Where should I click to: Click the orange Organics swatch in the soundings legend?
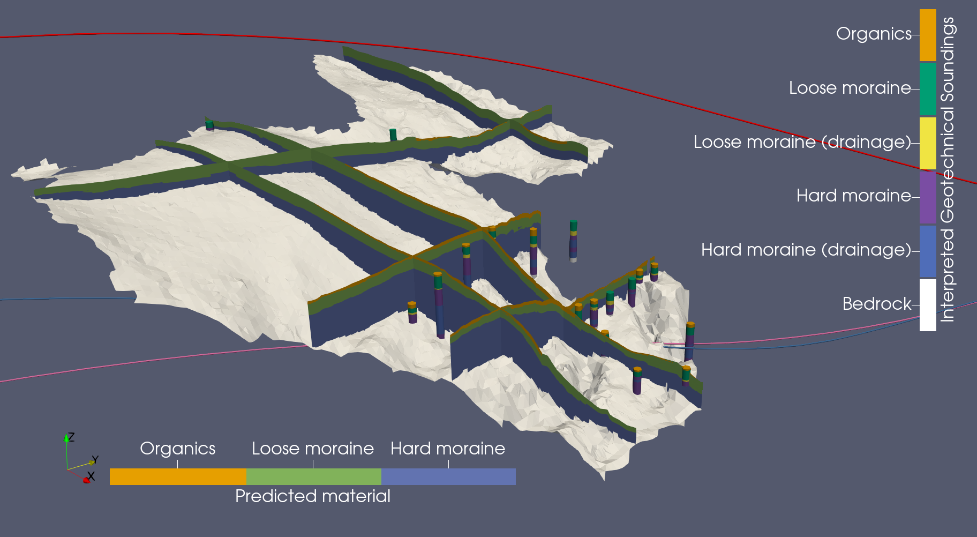(928, 35)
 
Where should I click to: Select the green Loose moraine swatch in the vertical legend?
(928, 89)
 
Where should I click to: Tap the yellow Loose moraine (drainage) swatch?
(928, 143)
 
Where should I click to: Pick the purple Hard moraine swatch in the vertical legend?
(928, 197)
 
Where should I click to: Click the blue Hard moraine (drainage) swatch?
(928, 251)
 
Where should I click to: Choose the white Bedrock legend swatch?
(928, 305)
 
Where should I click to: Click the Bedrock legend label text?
(876, 304)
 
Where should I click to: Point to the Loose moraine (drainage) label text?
(802, 142)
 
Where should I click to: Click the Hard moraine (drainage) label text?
(806, 250)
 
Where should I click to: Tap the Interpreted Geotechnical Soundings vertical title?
(948, 169)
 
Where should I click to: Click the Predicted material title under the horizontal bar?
(312, 496)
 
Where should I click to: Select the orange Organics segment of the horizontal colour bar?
(178, 476)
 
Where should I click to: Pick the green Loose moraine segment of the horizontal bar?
(313, 476)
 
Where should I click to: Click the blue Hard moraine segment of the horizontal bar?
(448, 476)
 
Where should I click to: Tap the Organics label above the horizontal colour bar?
(177, 449)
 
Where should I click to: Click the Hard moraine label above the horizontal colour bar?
(448, 449)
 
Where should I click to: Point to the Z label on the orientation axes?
(71, 437)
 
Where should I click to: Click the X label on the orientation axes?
(91, 476)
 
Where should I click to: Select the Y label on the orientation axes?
(95, 460)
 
